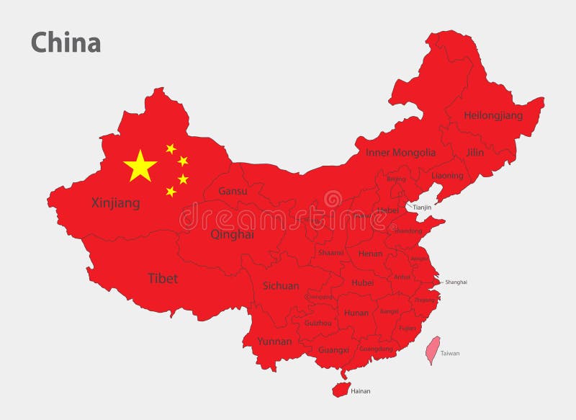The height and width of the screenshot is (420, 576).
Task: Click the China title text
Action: [x=66, y=43]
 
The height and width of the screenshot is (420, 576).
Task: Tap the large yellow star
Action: [x=140, y=166]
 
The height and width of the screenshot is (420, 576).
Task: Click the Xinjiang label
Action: [x=116, y=203]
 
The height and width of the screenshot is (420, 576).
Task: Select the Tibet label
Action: [x=163, y=278]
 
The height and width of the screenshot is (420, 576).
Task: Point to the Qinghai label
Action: [x=232, y=234]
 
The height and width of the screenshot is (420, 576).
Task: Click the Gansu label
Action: [x=233, y=191]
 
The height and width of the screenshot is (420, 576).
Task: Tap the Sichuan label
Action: [x=281, y=285]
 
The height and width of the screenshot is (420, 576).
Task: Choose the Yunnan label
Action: [x=274, y=341]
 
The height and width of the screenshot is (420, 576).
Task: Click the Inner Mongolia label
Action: [x=400, y=153]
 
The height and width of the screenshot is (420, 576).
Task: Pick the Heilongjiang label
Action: [x=493, y=115]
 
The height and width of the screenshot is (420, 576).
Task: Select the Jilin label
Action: [x=474, y=153]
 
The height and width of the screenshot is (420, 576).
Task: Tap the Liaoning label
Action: [x=447, y=175]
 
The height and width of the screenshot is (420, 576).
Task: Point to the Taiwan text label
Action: [x=450, y=354]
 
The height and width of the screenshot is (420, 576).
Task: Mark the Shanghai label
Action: [x=456, y=282]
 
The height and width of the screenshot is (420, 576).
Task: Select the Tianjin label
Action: [x=422, y=207]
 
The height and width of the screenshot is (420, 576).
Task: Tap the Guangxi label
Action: [x=333, y=349]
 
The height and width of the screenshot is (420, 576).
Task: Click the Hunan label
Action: [x=356, y=313]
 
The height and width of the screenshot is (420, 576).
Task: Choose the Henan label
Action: [x=370, y=254]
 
